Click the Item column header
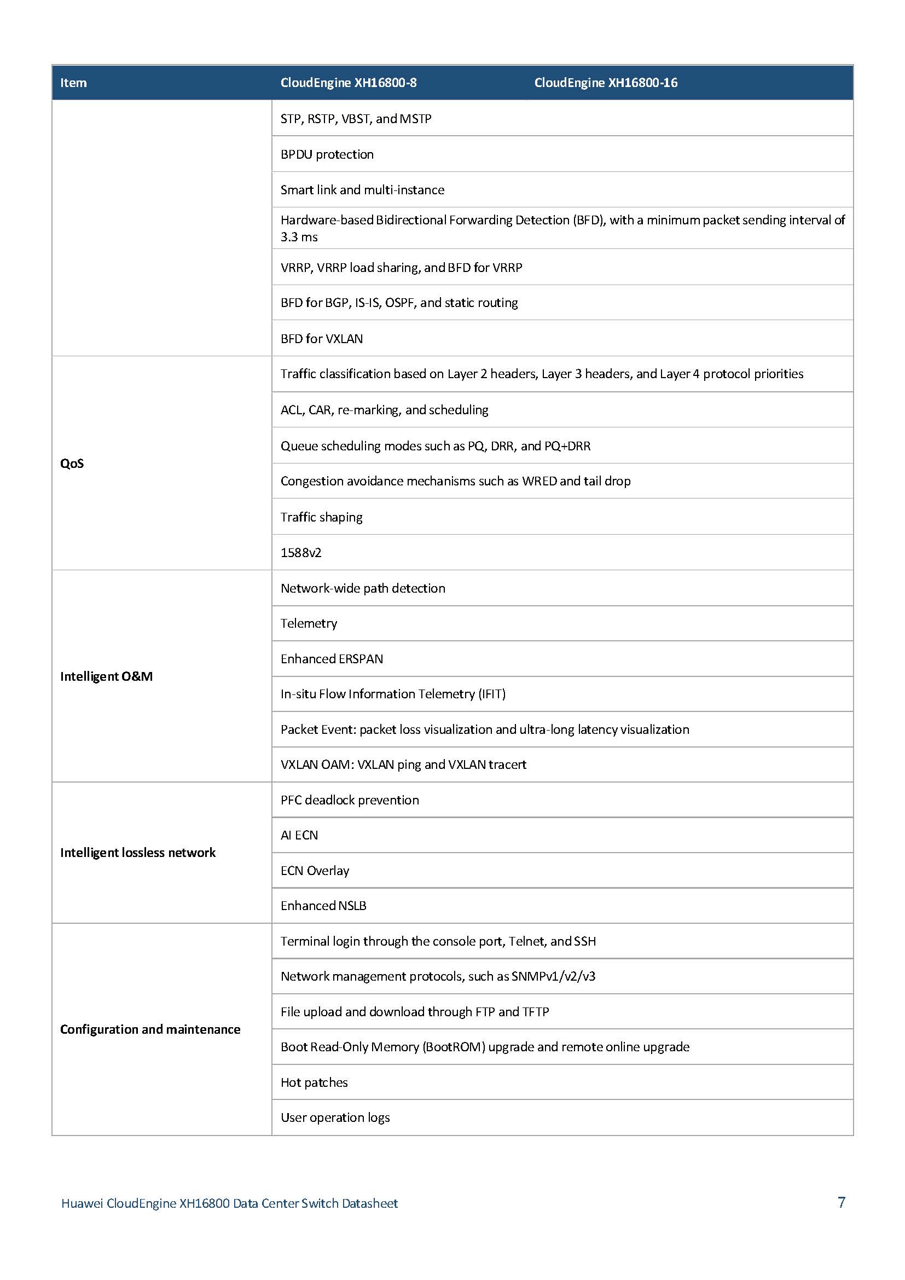(73, 83)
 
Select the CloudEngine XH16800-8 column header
(349, 83)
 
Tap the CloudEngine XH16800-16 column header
(606, 83)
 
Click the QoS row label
(72, 464)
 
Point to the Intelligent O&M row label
(107, 676)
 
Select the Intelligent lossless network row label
(138, 853)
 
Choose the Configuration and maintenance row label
(150, 1029)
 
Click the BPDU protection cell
(327, 154)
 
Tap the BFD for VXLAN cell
(322, 338)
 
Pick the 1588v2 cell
(301, 553)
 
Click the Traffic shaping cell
(322, 517)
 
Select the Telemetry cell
(309, 623)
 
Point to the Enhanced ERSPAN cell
(332, 659)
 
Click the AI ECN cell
(299, 835)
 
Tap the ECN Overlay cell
(315, 870)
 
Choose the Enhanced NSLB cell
(323, 906)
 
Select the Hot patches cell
(314, 1082)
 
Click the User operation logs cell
(335, 1117)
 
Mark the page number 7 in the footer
(842, 1202)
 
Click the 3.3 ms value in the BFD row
(299, 237)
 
